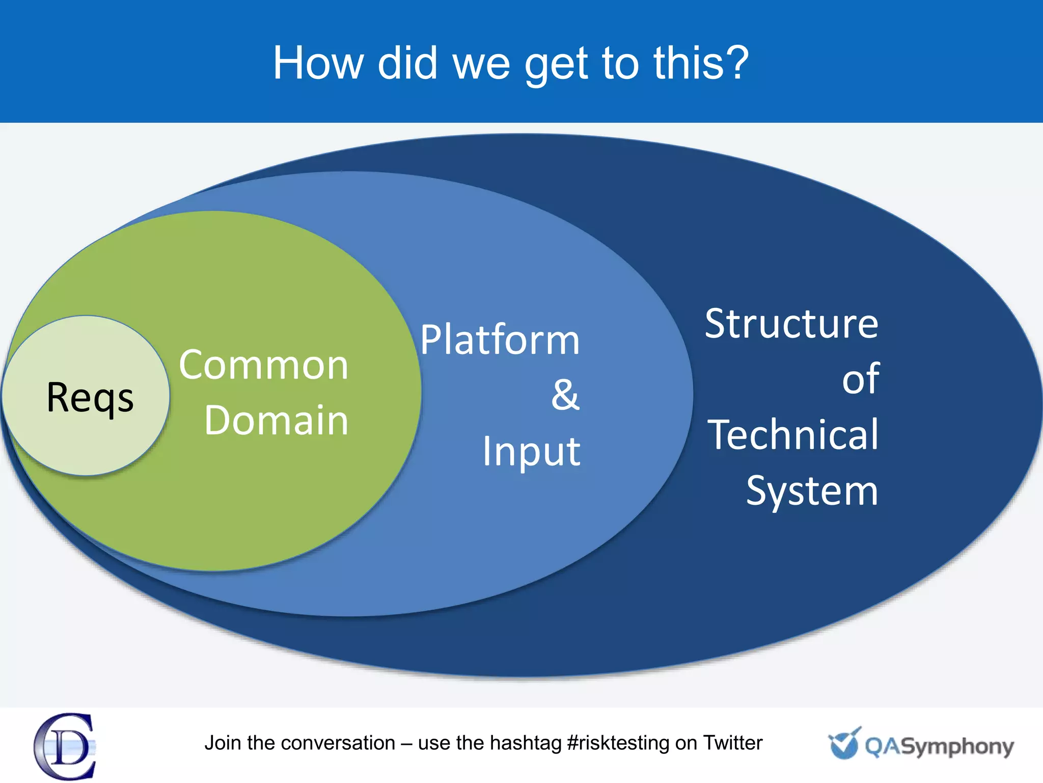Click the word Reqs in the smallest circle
tap(90, 398)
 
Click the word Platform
tap(500, 340)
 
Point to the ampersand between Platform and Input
tap(565, 395)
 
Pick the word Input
tap(531, 451)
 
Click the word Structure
tap(791, 324)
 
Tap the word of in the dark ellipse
tap(860, 379)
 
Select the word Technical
tap(793, 435)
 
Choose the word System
tap(812, 490)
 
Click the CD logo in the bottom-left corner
tap(65, 746)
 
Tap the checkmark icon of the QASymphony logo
tap(844, 743)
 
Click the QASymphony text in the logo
tap(939, 747)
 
